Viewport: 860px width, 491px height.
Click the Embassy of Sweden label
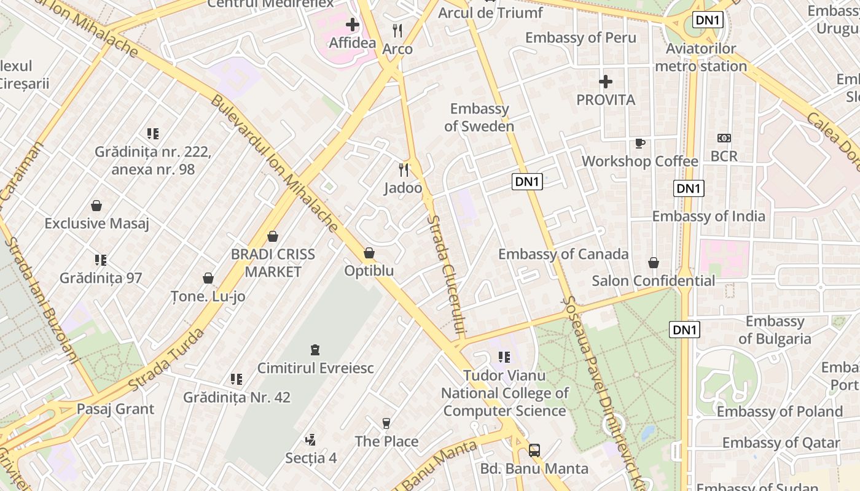tap(479, 118)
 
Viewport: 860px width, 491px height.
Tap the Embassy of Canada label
tap(563, 254)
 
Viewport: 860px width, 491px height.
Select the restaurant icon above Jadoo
tap(404, 169)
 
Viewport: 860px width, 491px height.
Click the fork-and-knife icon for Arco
tap(397, 30)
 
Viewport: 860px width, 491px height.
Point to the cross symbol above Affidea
tap(353, 25)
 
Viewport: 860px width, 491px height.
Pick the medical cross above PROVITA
tap(606, 81)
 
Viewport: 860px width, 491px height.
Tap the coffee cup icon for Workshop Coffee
tap(639, 143)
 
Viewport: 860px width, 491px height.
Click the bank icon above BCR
tap(724, 138)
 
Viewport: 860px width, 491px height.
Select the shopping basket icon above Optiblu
tap(369, 253)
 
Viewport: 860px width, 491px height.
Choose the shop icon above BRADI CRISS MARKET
tap(273, 236)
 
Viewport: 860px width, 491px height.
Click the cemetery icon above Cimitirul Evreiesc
tap(315, 350)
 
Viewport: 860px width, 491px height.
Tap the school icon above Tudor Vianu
tap(504, 357)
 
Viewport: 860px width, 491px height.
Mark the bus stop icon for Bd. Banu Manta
tap(534, 450)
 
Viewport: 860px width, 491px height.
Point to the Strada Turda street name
tap(167, 360)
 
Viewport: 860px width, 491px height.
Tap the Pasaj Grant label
tap(115, 409)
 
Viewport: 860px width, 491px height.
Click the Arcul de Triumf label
tap(490, 13)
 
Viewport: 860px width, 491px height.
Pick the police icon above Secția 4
tap(311, 439)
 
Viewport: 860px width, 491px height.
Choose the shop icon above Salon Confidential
tap(654, 263)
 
